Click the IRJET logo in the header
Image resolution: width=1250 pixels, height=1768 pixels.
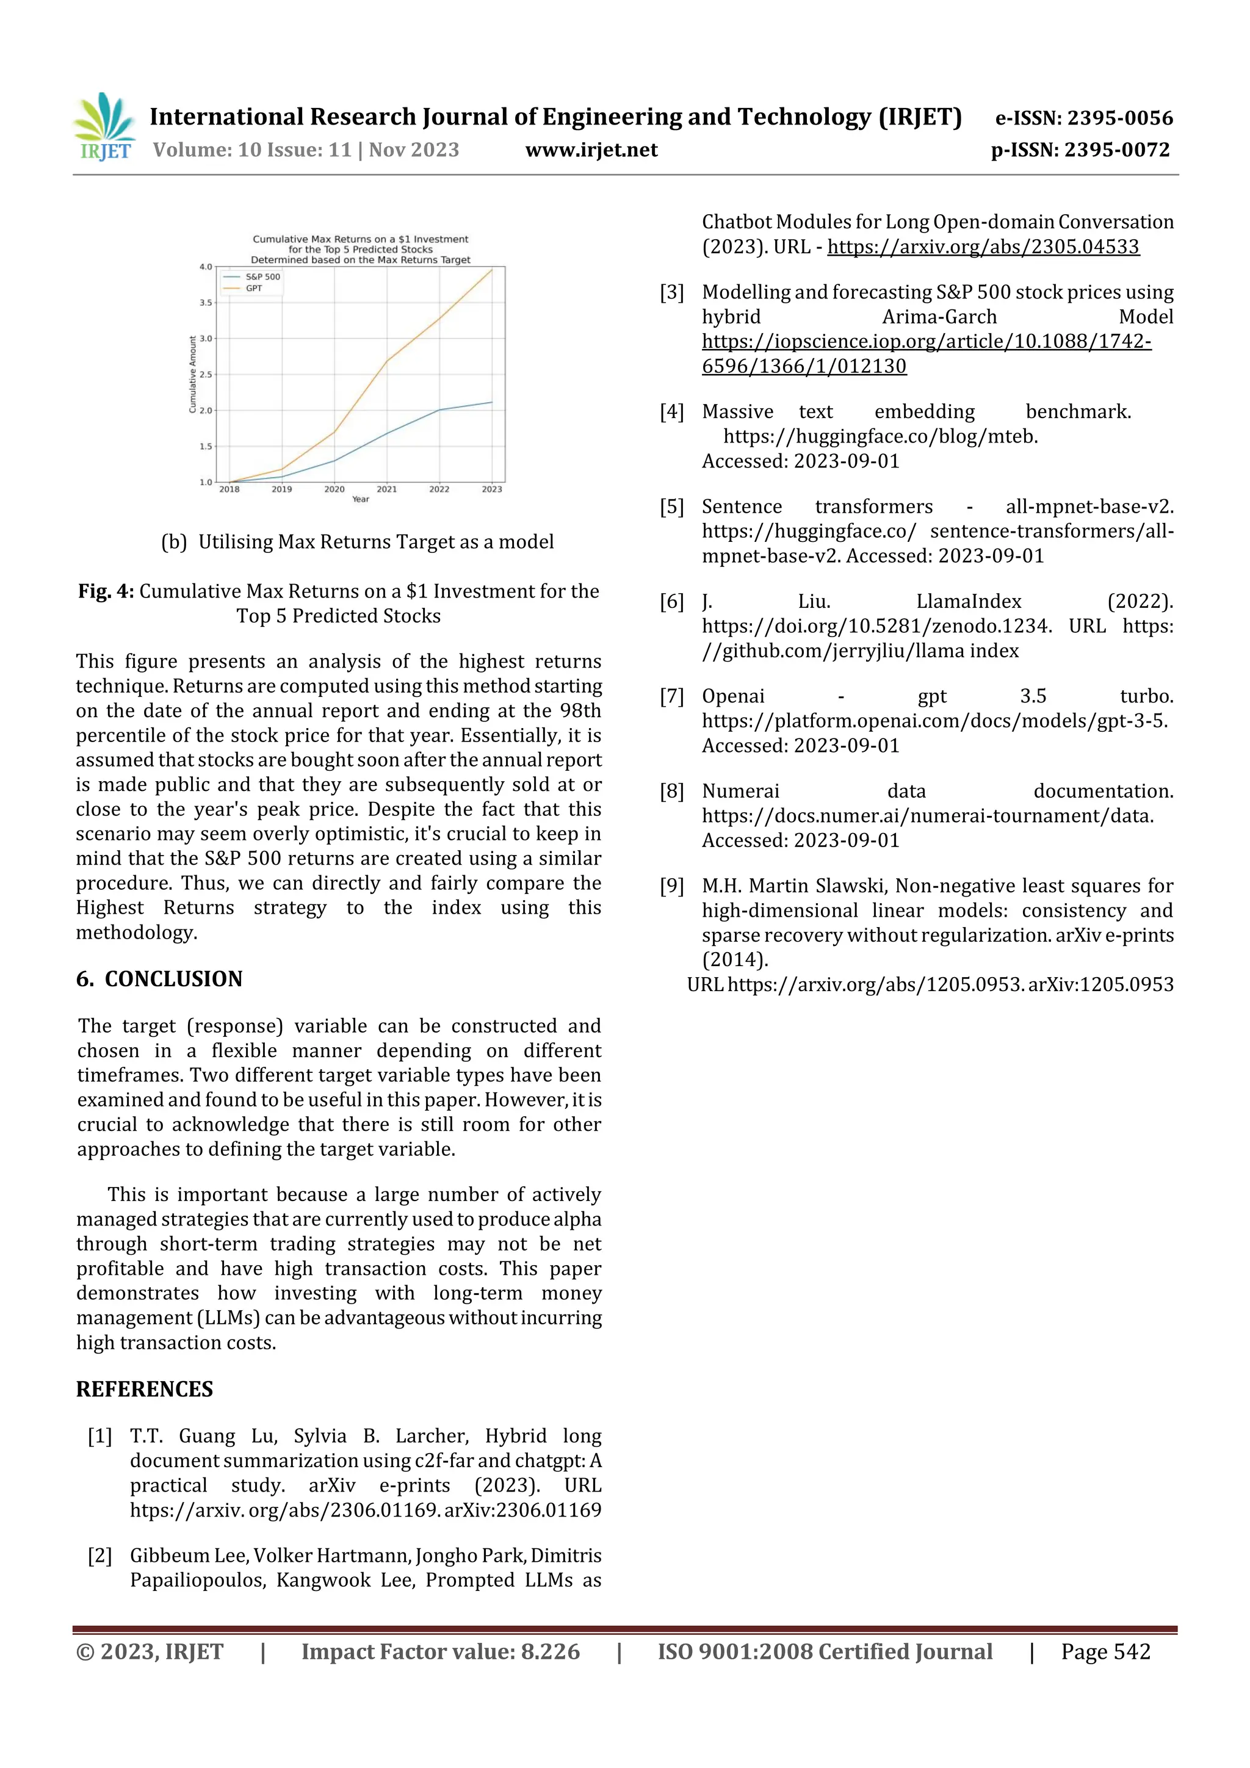pyautogui.click(x=105, y=126)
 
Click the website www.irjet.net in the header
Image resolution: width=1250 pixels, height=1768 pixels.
pyautogui.click(x=591, y=150)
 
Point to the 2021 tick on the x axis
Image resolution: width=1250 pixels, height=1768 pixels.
pyautogui.click(x=386, y=489)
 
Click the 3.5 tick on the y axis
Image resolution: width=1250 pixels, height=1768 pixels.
pyautogui.click(x=206, y=303)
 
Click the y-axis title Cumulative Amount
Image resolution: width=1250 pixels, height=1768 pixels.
pyautogui.click(x=192, y=374)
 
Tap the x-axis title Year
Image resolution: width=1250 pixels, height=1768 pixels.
pyautogui.click(x=361, y=499)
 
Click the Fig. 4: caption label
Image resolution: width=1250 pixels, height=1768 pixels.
pyautogui.click(x=106, y=591)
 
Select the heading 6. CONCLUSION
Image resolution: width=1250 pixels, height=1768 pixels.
pyautogui.click(x=159, y=979)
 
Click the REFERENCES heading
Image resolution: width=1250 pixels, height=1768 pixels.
pyautogui.click(x=145, y=1389)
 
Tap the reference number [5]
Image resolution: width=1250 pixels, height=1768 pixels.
pyautogui.click(x=671, y=507)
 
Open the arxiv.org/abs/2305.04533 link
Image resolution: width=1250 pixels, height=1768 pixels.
pyautogui.click(x=983, y=247)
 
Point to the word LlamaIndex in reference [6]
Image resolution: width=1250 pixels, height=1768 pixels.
pyautogui.click(x=968, y=601)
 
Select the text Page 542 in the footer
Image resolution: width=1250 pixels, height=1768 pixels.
pyautogui.click(x=1105, y=1651)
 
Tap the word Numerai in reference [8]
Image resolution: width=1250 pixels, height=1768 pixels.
pyautogui.click(x=740, y=791)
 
